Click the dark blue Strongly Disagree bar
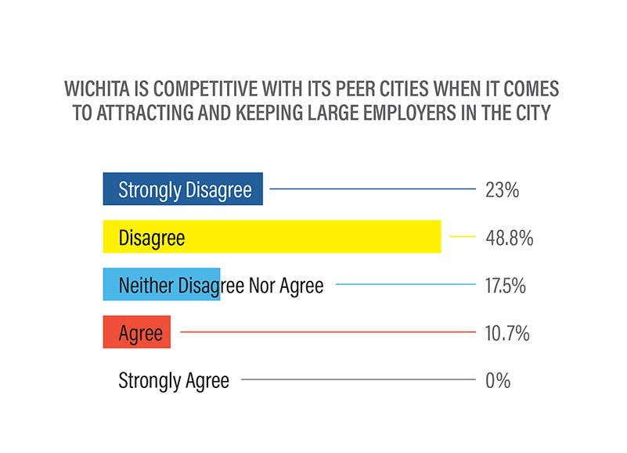pos(182,189)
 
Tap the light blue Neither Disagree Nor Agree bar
pos(161,285)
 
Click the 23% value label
pos(502,189)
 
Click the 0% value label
pos(497,380)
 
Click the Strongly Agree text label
pos(174,380)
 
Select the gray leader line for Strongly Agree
pos(358,380)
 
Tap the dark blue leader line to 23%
pos(372,189)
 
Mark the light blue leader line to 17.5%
pos(405,285)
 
